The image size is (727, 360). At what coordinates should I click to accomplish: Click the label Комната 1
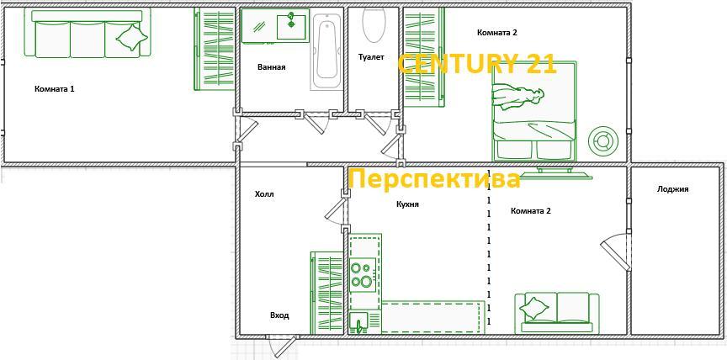[x=54, y=88]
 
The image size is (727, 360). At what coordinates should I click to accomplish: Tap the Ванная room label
[x=271, y=67]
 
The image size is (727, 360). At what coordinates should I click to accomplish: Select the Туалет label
[x=371, y=57]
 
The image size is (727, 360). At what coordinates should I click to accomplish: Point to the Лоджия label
[x=672, y=189]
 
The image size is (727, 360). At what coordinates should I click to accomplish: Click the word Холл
[x=264, y=194]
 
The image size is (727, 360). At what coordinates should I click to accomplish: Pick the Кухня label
[x=407, y=204]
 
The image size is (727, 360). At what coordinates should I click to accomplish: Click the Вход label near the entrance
[x=279, y=315]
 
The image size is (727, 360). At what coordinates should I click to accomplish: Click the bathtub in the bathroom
[x=326, y=51]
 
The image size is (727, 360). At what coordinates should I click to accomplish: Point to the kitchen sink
[x=359, y=322]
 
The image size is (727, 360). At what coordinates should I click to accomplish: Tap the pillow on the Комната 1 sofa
[x=132, y=37]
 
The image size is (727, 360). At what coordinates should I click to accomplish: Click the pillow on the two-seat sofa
[x=533, y=308]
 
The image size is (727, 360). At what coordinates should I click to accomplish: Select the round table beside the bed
[x=603, y=139]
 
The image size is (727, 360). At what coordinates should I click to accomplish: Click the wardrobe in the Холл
[x=326, y=293]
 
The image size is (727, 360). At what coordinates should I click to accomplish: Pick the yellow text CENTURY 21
[x=477, y=63]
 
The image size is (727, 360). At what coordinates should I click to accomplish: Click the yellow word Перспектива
[x=434, y=178]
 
